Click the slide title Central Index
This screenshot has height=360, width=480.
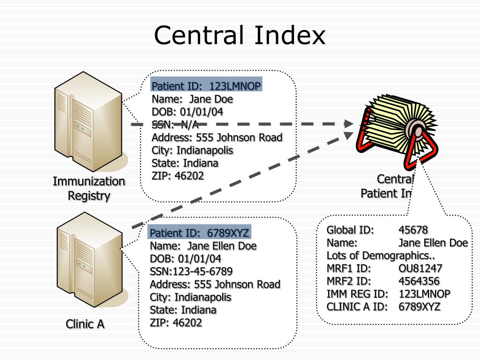point(240,36)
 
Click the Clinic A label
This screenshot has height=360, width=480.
point(85,324)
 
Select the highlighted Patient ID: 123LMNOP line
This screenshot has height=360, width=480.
point(206,86)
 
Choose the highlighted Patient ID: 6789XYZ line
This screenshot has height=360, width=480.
point(199,233)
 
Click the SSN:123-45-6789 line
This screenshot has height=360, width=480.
point(191,271)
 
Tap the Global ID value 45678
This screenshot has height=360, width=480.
point(413,230)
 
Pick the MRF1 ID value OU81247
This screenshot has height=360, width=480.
point(420,269)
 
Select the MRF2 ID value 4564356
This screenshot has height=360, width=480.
point(419,281)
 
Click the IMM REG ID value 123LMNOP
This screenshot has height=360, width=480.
point(424,294)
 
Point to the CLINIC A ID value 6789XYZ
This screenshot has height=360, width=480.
point(420,307)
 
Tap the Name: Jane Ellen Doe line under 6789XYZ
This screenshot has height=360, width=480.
point(203,246)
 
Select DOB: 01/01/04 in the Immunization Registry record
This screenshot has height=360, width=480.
point(187,112)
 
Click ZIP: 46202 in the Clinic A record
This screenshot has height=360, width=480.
point(176,322)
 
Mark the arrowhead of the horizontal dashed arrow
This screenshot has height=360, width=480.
point(349,124)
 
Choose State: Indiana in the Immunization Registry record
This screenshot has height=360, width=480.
point(185,163)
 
